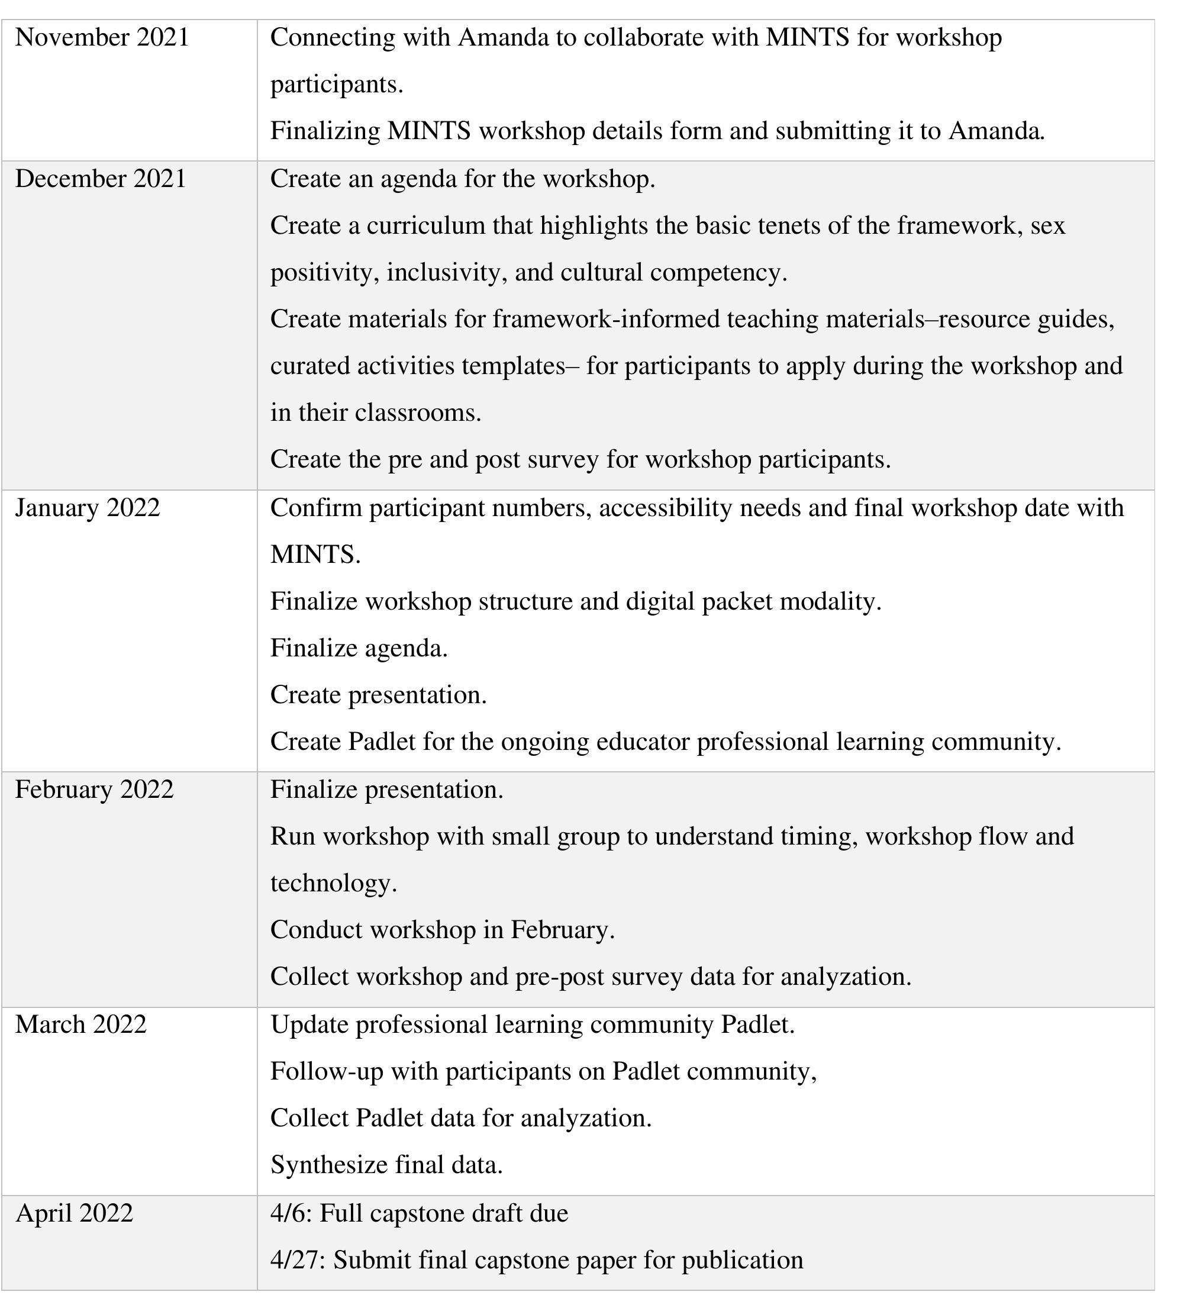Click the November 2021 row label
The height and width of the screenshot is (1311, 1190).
102,38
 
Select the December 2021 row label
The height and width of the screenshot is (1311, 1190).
101,179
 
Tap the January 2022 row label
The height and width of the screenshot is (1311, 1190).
88,508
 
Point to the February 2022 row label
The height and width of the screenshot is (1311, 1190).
95,790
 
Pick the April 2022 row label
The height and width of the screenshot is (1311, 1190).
74,1213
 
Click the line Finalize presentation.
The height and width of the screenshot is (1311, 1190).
387,790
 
